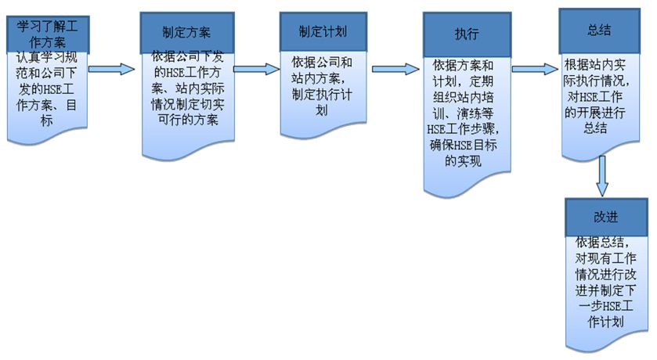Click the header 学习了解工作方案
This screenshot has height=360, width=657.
[47, 31]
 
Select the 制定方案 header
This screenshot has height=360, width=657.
[186, 33]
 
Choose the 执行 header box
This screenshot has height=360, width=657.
[467, 34]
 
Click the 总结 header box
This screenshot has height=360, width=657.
[599, 31]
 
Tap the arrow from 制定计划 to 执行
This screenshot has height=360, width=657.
[395, 69]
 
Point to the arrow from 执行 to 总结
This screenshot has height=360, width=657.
[536, 69]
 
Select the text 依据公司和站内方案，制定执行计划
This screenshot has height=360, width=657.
[323, 85]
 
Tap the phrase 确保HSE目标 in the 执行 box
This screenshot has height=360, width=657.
[467, 146]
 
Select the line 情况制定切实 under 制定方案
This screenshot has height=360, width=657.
[186, 105]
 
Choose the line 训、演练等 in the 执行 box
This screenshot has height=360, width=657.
[467, 114]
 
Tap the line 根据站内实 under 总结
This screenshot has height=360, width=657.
[599, 67]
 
